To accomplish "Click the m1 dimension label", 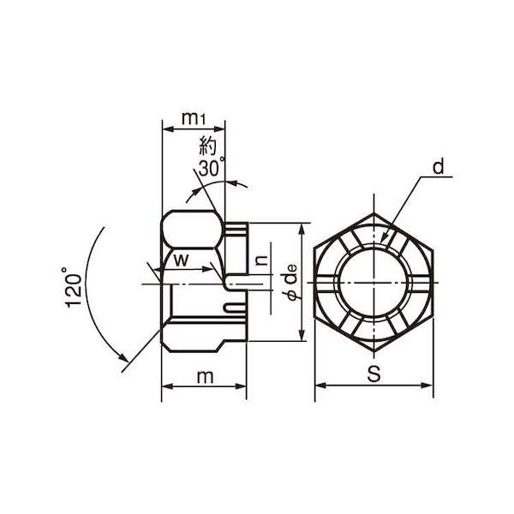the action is click(194, 118).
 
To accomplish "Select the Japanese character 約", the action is click(208, 146).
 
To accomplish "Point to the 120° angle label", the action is click(73, 287).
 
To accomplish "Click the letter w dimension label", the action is click(182, 260).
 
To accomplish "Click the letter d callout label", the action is click(438, 167).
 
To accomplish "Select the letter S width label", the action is click(374, 374).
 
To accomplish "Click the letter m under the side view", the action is click(205, 377).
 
